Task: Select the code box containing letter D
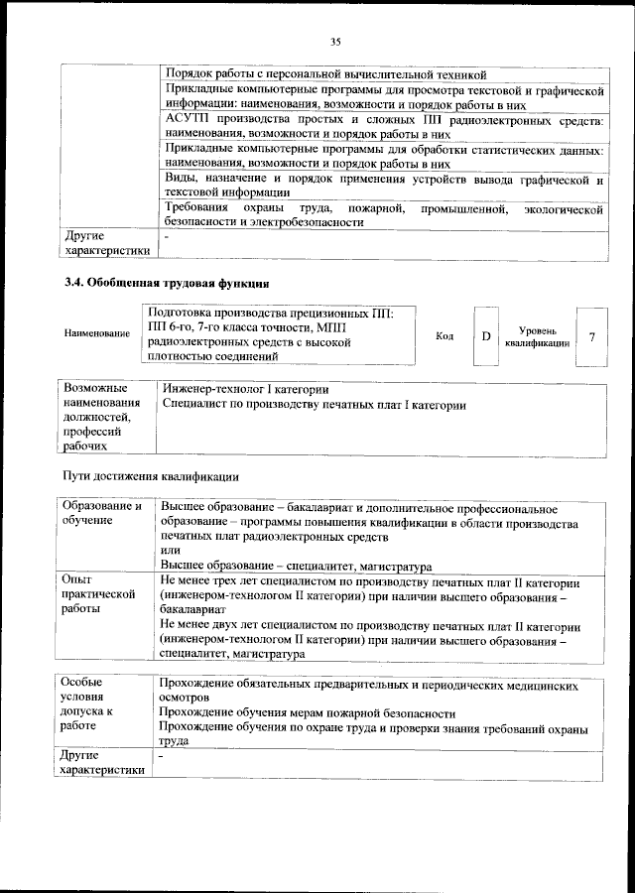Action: pyautogui.click(x=485, y=336)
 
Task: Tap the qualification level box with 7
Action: pyautogui.click(x=591, y=336)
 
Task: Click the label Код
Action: pyautogui.click(x=445, y=336)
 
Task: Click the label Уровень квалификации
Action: pyautogui.click(x=538, y=336)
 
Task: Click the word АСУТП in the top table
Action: pyautogui.click(x=186, y=118)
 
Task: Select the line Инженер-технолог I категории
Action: pyautogui.click(x=244, y=389)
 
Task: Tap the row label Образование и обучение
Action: pyautogui.click(x=106, y=514)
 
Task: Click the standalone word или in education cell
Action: pyautogui.click(x=169, y=549)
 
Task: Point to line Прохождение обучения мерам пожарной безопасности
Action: pyautogui.click(x=308, y=713)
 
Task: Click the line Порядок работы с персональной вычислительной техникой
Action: pyautogui.click(x=325, y=74)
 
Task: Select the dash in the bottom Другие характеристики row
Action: pyautogui.click(x=162, y=757)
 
